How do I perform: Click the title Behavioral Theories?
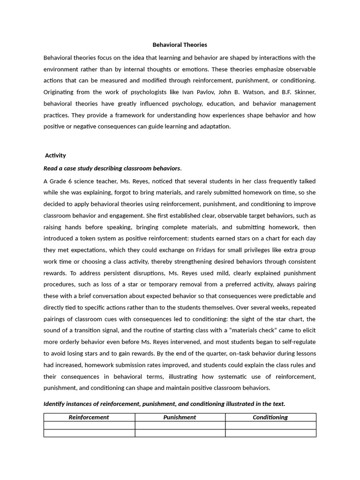(180, 45)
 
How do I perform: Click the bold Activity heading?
(55, 155)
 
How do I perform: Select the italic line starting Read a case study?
(112, 168)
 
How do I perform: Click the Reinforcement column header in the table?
(89, 417)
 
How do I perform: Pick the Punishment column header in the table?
(180, 417)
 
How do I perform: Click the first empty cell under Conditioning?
(270, 425)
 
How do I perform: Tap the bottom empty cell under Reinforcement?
(89, 433)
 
